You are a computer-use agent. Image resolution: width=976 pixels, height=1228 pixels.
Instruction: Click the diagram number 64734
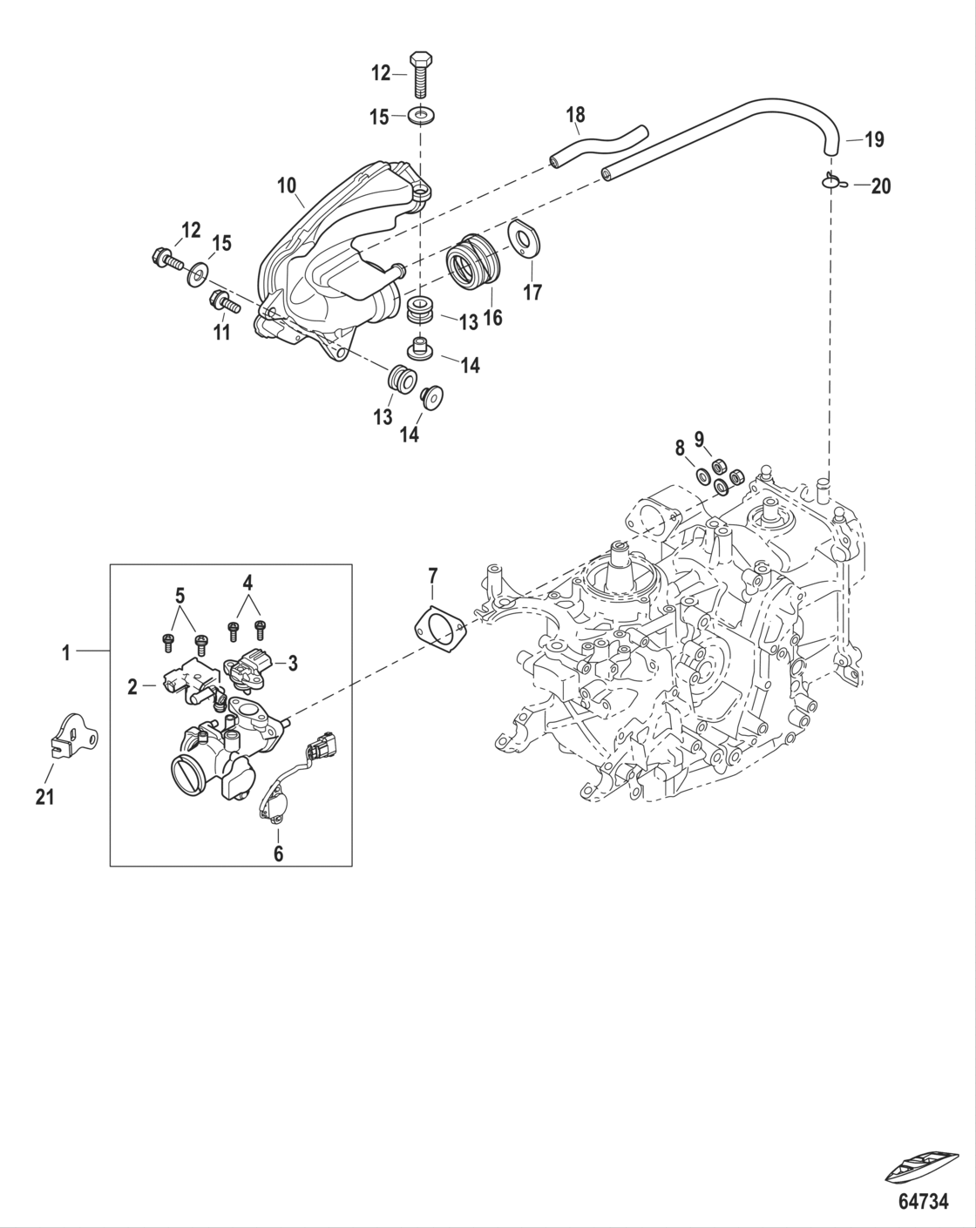tap(923, 1202)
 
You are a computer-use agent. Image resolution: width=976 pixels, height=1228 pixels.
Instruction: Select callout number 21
tap(44, 796)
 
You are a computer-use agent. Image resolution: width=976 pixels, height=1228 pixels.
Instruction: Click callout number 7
tap(433, 577)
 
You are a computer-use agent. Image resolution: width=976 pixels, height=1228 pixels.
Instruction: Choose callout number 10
tap(287, 185)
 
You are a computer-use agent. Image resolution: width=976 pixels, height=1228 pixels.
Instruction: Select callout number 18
tap(575, 114)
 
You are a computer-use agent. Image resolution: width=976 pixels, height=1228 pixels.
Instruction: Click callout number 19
tap(874, 138)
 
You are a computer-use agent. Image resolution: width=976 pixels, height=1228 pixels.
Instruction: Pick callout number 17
tap(532, 292)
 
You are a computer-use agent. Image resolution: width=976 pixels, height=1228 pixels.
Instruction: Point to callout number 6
tap(278, 854)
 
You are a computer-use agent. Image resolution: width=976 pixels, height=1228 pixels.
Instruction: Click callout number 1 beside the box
tap(66, 651)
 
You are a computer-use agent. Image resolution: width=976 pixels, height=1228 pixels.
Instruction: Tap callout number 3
tap(293, 664)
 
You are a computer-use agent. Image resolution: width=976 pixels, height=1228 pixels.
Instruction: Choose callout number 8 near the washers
tap(680, 449)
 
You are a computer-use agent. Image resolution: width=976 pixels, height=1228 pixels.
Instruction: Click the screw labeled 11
tap(225, 305)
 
